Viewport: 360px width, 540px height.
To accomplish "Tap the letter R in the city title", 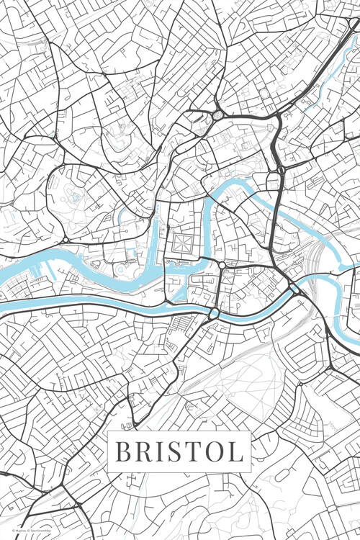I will [143, 452].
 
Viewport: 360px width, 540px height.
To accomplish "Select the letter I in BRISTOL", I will [160, 452].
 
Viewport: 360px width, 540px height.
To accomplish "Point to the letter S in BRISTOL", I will [174, 452].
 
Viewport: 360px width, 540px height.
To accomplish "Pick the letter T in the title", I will [192, 452].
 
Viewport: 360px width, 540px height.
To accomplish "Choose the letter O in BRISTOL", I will [213, 452].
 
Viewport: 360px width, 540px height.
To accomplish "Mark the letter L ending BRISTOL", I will [235, 452].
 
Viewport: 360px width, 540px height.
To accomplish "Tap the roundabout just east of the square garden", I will [222, 265].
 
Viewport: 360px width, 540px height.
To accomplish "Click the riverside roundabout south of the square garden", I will [214, 313].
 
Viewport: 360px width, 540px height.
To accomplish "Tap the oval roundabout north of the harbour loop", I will [218, 115].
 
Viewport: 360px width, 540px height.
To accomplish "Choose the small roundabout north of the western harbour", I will [65, 239].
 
